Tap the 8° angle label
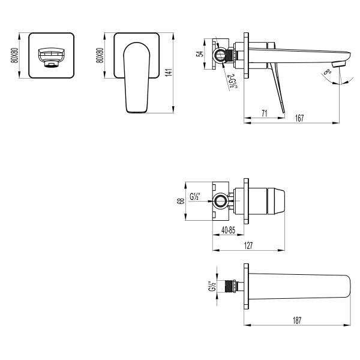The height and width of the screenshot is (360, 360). [x=326, y=73]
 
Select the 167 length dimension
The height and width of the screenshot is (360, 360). [x=299, y=118]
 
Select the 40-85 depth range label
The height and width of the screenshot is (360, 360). [x=228, y=230]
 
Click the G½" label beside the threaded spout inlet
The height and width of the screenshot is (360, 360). [x=211, y=287]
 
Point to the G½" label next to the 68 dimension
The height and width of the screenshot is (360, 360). [x=194, y=196]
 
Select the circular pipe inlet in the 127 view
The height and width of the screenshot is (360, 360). [x=221, y=201]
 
